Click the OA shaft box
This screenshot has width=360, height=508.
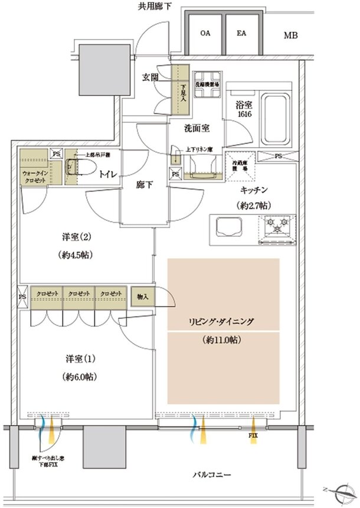pyautogui.click(x=205, y=34)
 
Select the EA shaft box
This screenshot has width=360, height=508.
pyautogui.click(x=241, y=34)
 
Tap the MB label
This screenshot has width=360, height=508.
pyautogui.click(x=290, y=36)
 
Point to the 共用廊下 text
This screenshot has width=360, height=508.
pyautogui.click(x=155, y=6)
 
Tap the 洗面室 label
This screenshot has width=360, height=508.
pyautogui.click(x=194, y=127)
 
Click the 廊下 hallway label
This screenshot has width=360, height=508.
pyautogui.click(x=145, y=185)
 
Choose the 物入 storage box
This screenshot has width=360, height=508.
pyautogui.click(x=142, y=295)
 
